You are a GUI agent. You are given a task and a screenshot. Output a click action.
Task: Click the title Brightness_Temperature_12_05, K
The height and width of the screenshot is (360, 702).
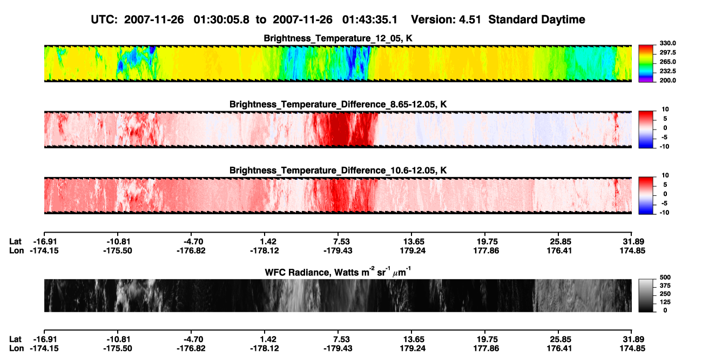[338, 38]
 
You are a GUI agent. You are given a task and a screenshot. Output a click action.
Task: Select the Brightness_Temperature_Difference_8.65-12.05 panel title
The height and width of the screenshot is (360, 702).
[338, 104]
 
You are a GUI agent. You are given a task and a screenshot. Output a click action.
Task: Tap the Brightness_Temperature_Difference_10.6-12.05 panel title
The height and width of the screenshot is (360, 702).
[338, 171]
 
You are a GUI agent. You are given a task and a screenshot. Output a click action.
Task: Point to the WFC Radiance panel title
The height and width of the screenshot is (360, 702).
[338, 272]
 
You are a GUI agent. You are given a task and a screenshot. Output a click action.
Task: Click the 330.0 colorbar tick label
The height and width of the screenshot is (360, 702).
[667, 43]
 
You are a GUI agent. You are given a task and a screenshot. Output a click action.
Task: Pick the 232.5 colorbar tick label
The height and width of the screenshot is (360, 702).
[667, 71]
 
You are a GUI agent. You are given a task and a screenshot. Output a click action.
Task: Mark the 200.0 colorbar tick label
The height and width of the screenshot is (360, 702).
[667, 80]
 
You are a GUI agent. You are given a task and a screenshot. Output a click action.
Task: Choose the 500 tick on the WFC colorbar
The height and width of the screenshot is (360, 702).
[665, 277]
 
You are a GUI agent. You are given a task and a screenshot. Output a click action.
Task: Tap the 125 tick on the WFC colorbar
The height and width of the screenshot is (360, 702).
[665, 302]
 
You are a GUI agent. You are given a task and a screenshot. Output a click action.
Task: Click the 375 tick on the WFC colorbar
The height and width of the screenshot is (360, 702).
[665, 286]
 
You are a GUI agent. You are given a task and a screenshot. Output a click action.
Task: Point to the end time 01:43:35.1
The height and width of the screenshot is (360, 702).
[370, 19]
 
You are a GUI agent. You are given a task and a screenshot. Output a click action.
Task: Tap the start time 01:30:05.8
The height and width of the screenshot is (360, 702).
[221, 19]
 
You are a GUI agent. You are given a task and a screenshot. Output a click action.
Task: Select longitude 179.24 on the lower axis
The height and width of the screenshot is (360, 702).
[413, 349]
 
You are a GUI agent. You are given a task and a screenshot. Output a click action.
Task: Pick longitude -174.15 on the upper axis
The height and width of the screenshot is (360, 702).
[44, 250]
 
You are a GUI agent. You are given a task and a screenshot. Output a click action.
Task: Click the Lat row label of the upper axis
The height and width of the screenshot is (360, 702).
[15, 242]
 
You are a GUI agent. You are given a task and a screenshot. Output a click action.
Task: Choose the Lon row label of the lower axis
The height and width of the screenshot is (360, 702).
[16, 349]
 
